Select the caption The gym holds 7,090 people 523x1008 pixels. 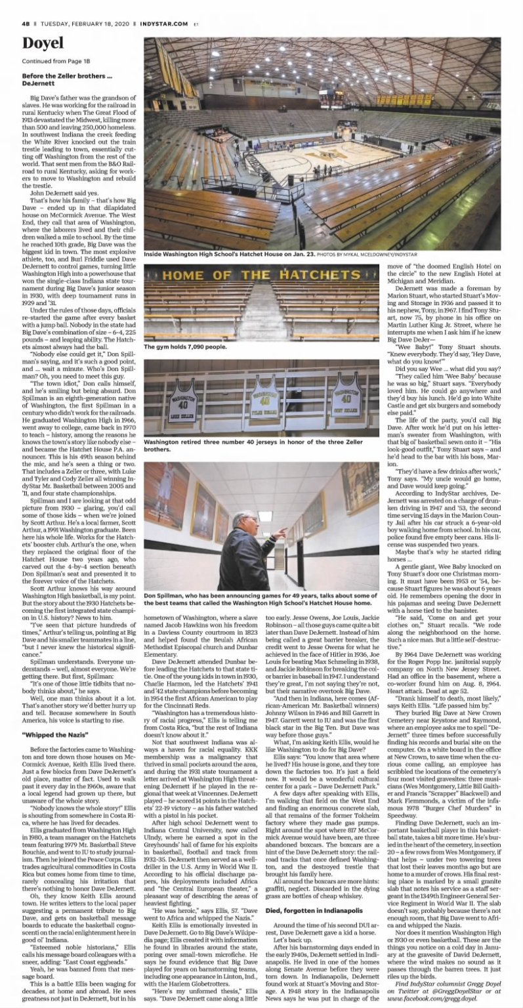(186, 346)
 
